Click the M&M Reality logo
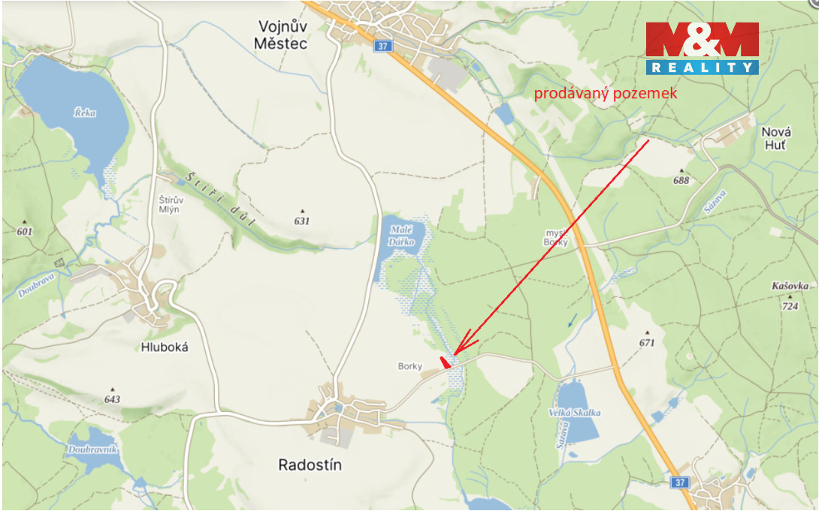pyautogui.click(x=702, y=48)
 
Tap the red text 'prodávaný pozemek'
pyautogui.click(x=606, y=94)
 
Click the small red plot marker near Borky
pyautogui.click(x=446, y=362)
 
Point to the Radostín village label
pyautogui.click(x=310, y=465)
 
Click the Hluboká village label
pyautogui.click(x=164, y=347)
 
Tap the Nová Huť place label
pyautogui.click(x=776, y=138)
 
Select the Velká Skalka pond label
pyautogui.click(x=575, y=413)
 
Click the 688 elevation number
pyautogui.click(x=681, y=180)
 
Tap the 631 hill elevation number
pyautogui.click(x=302, y=221)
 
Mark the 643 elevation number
pyautogui.click(x=112, y=399)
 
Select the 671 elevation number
pyautogui.click(x=648, y=343)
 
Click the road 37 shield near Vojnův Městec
pyautogui.click(x=383, y=47)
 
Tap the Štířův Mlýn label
pyautogui.click(x=172, y=205)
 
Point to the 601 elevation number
pyautogui.click(x=25, y=231)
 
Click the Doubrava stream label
pyautogui.click(x=34, y=285)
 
